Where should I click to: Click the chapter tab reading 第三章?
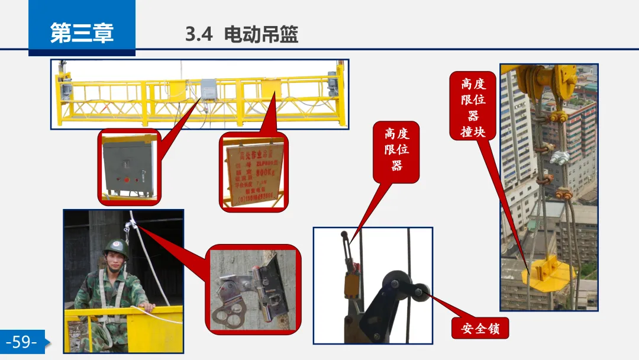point(82,33)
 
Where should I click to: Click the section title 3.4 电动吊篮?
point(242,34)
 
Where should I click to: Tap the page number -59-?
point(22,342)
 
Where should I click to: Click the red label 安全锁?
point(480,327)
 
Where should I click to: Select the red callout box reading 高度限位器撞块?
point(473,107)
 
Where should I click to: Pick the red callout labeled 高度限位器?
point(396,150)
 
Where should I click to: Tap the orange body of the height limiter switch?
point(351,285)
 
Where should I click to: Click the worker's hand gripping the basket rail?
point(147,307)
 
